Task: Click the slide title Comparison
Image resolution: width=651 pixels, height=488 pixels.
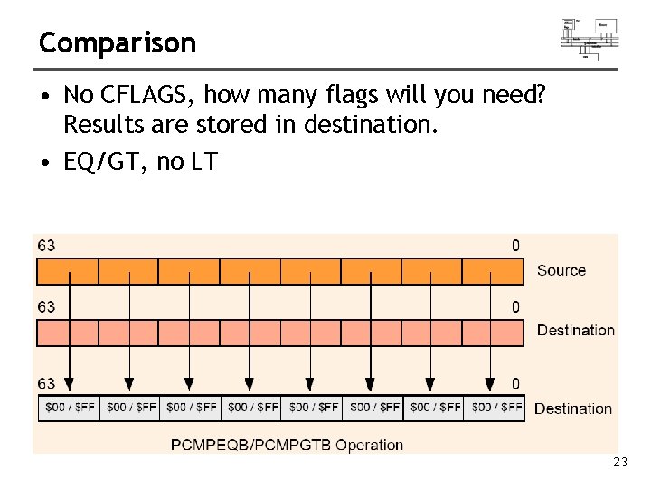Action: (x=118, y=42)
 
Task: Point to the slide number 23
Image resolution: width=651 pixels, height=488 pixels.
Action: (x=619, y=463)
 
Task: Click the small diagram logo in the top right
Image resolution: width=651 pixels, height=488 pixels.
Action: (x=590, y=38)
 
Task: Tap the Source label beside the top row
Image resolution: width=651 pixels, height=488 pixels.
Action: (x=561, y=270)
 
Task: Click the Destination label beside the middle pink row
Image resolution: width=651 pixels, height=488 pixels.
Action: (x=575, y=330)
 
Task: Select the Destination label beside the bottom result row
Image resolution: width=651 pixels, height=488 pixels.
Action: (x=572, y=408)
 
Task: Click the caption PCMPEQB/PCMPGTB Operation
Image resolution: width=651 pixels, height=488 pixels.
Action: (x=287, y=444)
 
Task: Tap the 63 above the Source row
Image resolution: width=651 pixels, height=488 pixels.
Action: (x=45, y=246)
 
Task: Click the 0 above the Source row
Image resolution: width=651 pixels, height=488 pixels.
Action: (x=515, y=246)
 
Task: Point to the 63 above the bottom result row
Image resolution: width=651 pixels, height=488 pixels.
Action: (x=45, y=383)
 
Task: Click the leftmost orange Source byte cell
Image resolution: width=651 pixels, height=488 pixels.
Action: (x=67, y=271)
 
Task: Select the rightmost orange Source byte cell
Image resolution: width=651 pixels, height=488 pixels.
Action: (x=493, y=271)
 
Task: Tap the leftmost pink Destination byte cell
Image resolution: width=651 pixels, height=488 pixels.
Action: (x=67, y=333)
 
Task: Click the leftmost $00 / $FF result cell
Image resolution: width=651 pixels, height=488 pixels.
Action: (x=69, y=408)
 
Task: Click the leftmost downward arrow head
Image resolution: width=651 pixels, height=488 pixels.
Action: (x=70, y=384)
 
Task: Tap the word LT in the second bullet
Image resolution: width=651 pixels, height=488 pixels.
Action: (x=205, y=162)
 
